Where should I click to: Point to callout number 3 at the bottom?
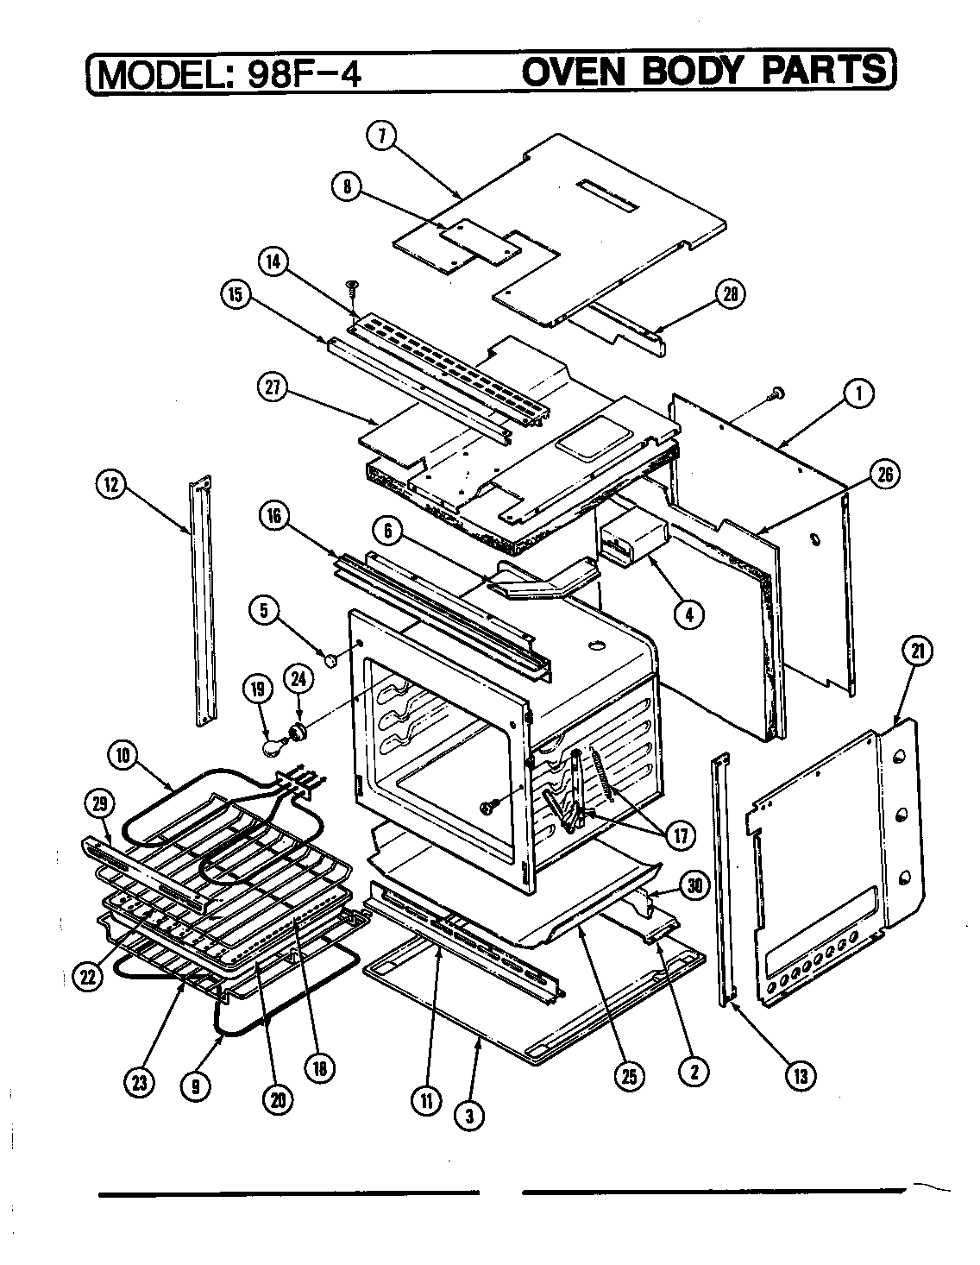[x=468, y=1116]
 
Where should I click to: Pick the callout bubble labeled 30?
[x=694, y=884]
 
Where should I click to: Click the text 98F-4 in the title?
[x=303, y=73]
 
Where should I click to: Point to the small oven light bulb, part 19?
[x=274, y=743]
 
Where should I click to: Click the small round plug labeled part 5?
[x=330, y=660]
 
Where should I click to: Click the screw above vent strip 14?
[x=352, y=286]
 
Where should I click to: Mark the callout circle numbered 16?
[x=272, y=516]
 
